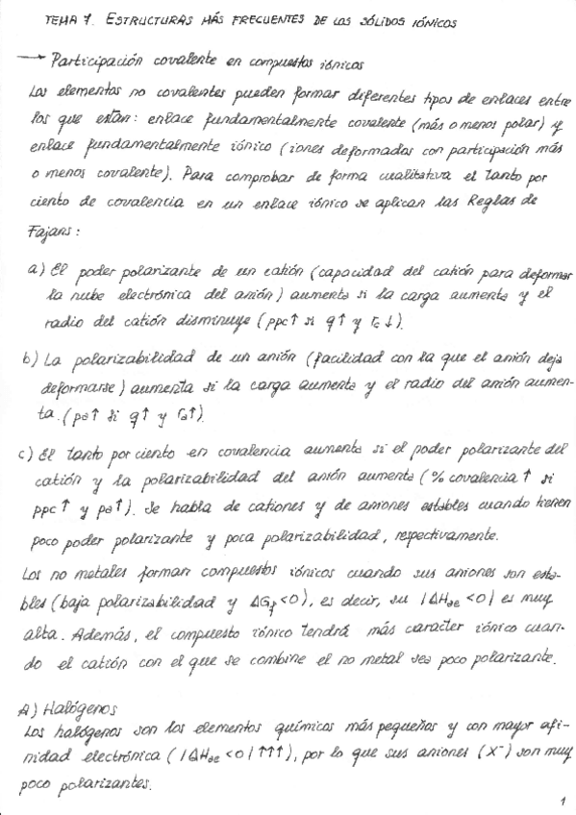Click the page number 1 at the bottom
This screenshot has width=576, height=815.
[559, 800]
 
